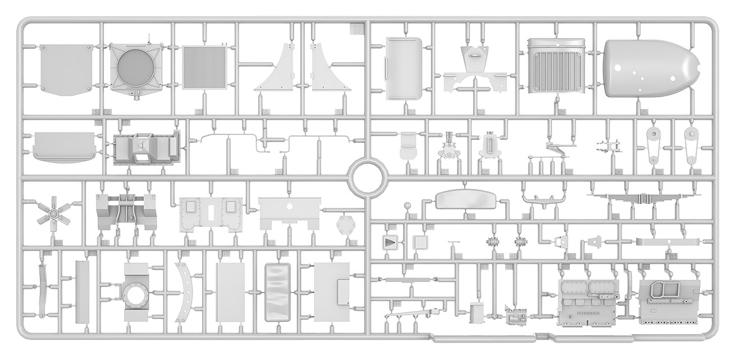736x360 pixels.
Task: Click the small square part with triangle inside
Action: tap(388, 243)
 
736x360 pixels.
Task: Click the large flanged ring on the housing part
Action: tap(135, 294)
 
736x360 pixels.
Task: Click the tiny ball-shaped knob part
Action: tap(405, 207)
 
